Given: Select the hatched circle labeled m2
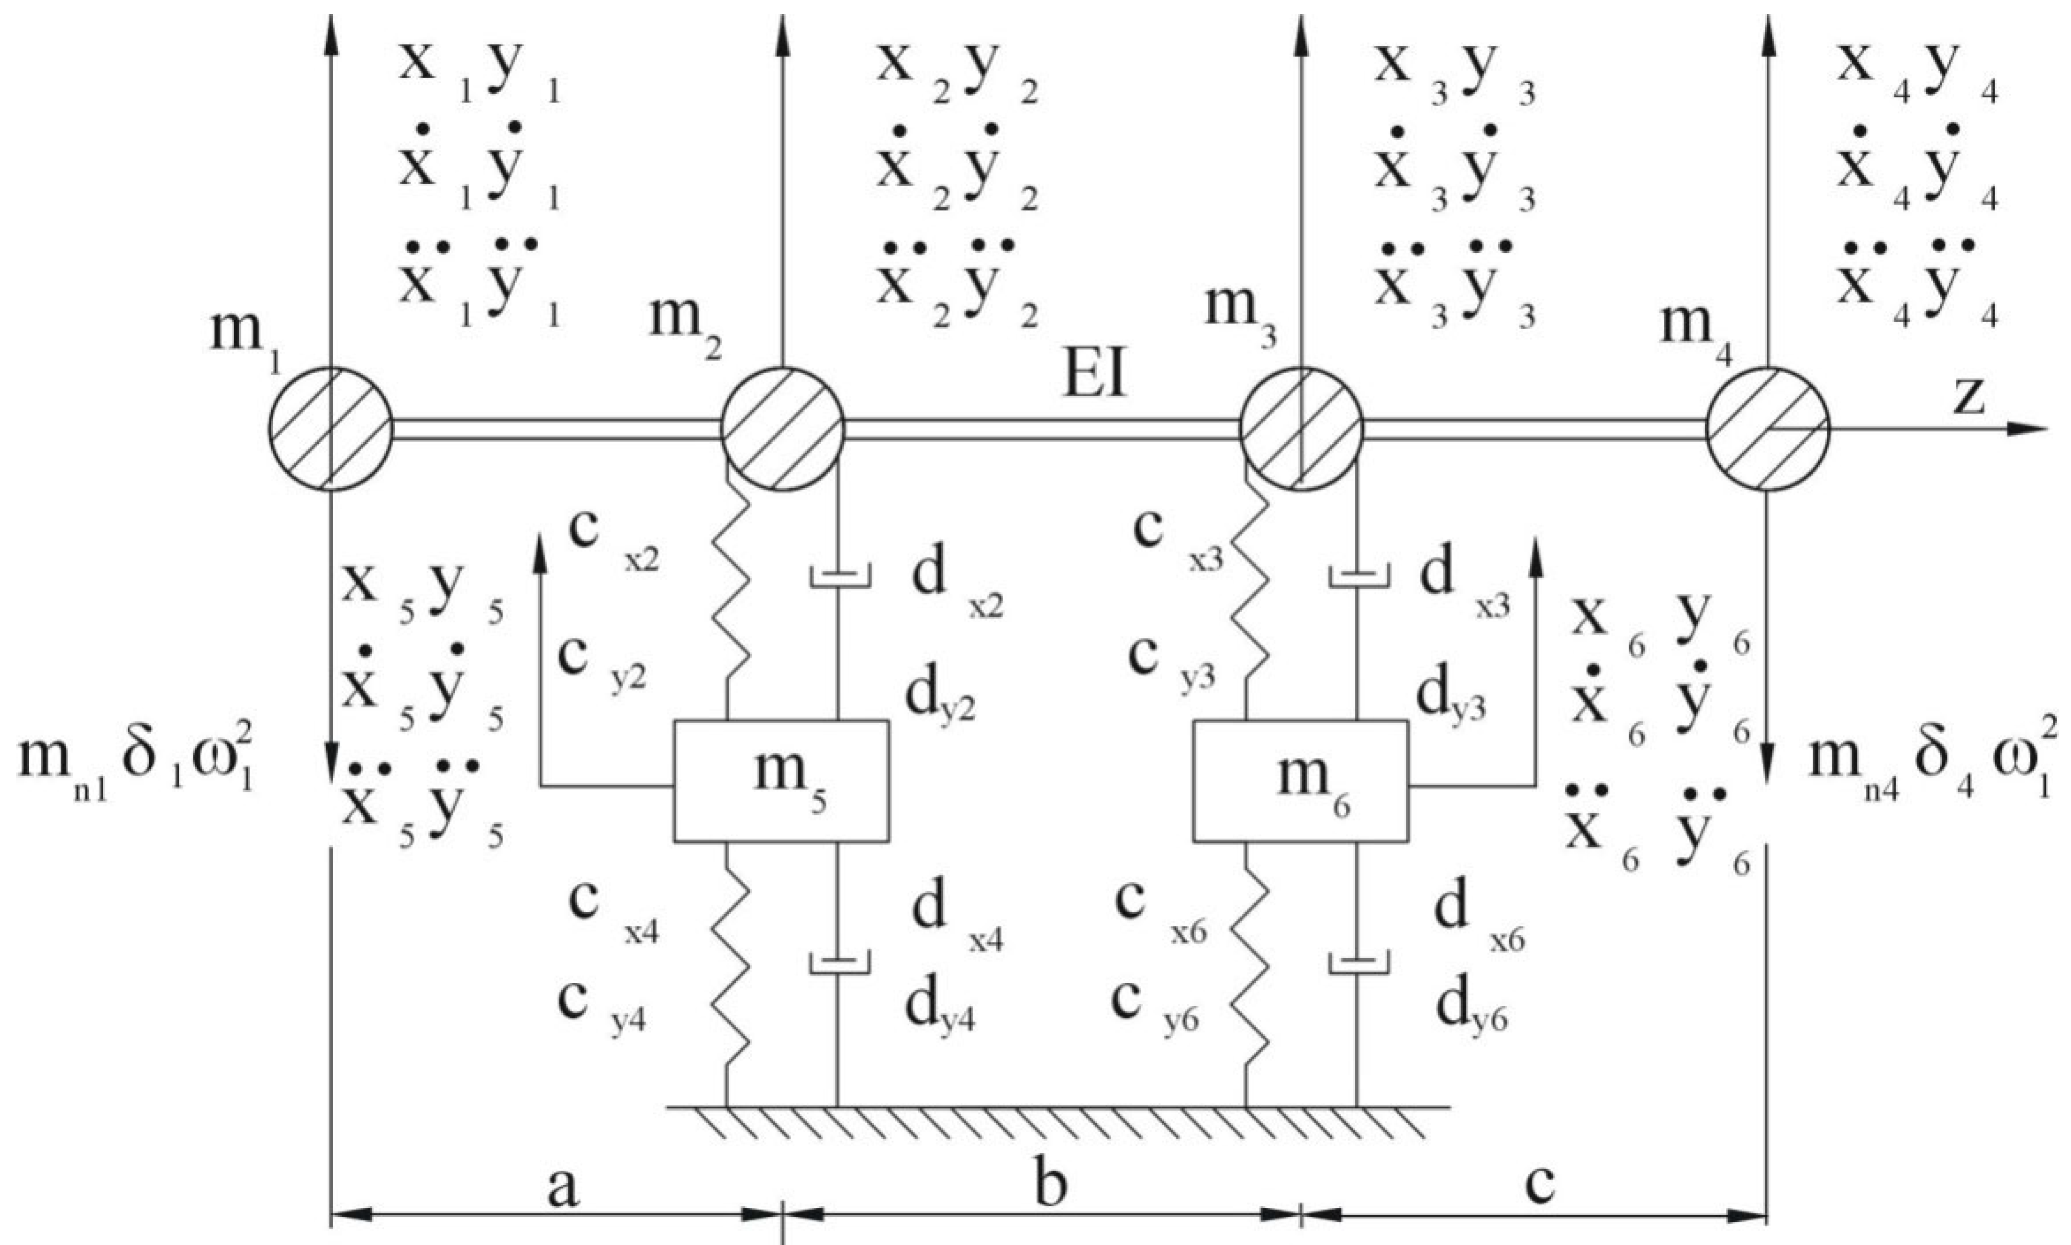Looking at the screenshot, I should coord(782,429).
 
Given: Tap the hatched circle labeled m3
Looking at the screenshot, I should coord(1301,429).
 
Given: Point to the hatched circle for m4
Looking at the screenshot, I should coord(1768,429).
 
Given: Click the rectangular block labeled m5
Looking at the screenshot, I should coord(781,780).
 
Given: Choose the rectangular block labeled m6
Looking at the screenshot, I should coord(1301,780).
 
